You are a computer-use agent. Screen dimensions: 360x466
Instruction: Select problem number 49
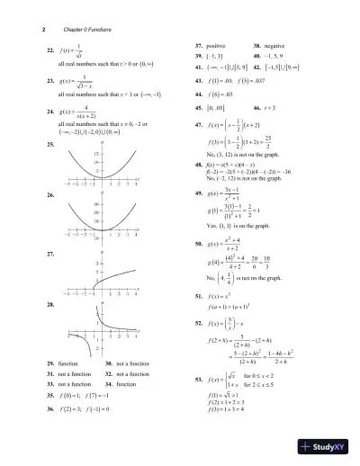(200, 193)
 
